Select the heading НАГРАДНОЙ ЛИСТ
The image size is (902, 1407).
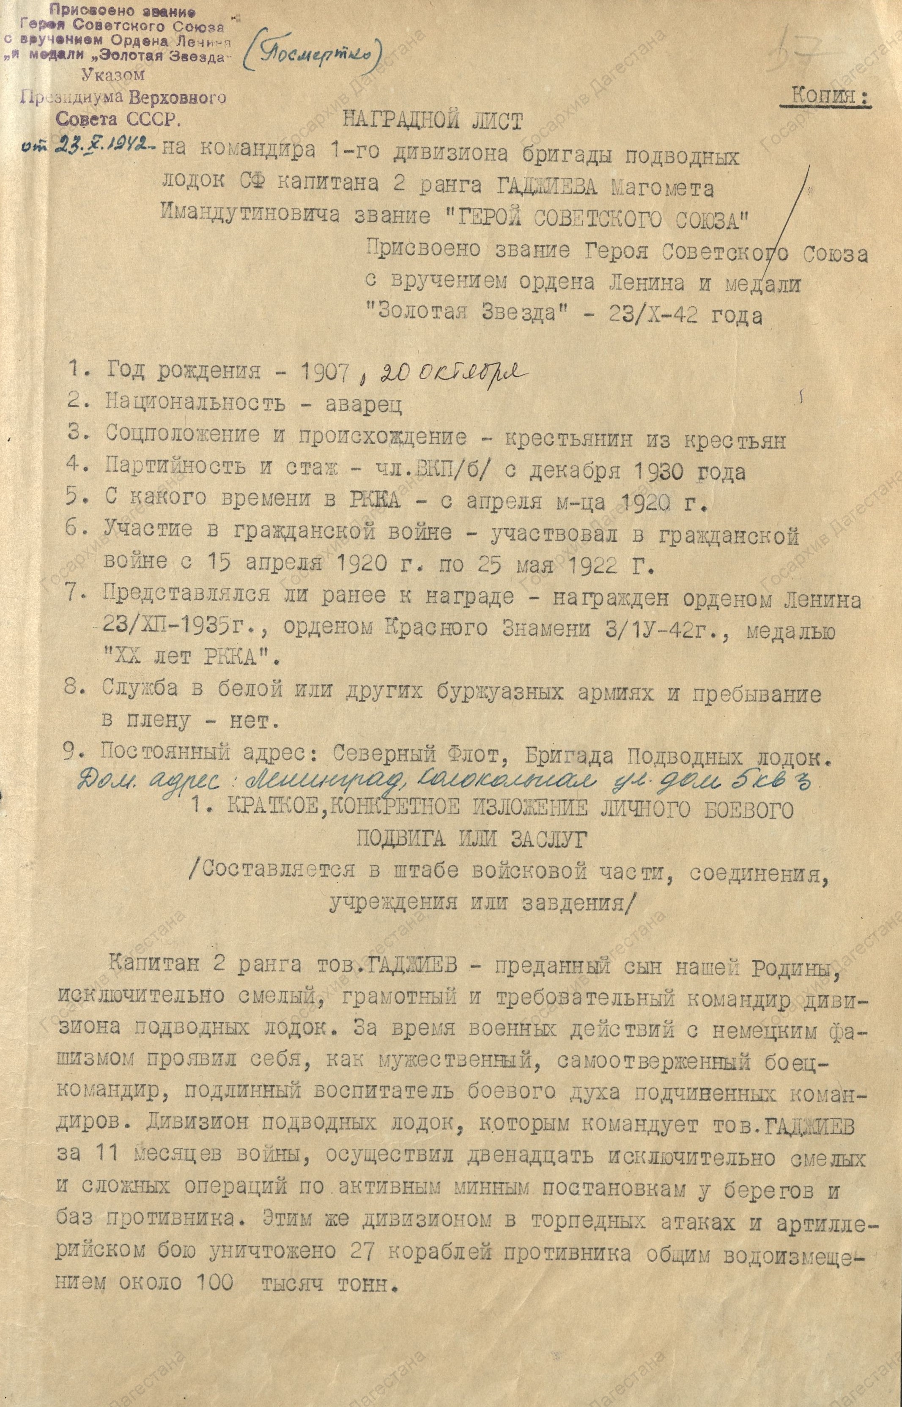click(432, 121)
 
